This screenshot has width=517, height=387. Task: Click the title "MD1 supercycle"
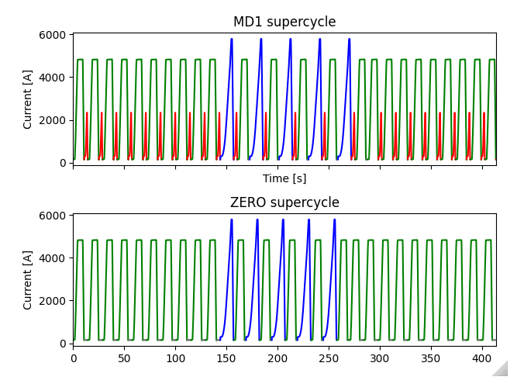[x=284, y=22]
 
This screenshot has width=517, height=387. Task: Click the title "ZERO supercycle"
[x=284, y=202]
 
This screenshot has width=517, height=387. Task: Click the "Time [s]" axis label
[x=284, y=178]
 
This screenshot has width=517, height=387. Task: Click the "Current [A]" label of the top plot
[x=28, y=98]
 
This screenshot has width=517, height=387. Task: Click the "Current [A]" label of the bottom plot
[x=28, y=279]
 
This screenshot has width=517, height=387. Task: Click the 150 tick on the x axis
[x=226, y=358]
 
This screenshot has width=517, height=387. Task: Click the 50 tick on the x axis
[x=125, y=358]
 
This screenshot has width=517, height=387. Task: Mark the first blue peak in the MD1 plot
[x=232, y=40]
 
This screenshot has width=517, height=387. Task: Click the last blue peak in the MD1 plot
[x=350, y=40]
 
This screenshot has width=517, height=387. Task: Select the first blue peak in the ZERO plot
[x=232, y=220]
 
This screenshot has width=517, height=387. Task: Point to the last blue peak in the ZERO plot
[x=335, y=220]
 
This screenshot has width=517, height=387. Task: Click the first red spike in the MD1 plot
[x=87, y=113]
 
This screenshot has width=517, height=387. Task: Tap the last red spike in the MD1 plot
[x=484, y=113]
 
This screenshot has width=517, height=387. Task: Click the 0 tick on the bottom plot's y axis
[x=62, y=344]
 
